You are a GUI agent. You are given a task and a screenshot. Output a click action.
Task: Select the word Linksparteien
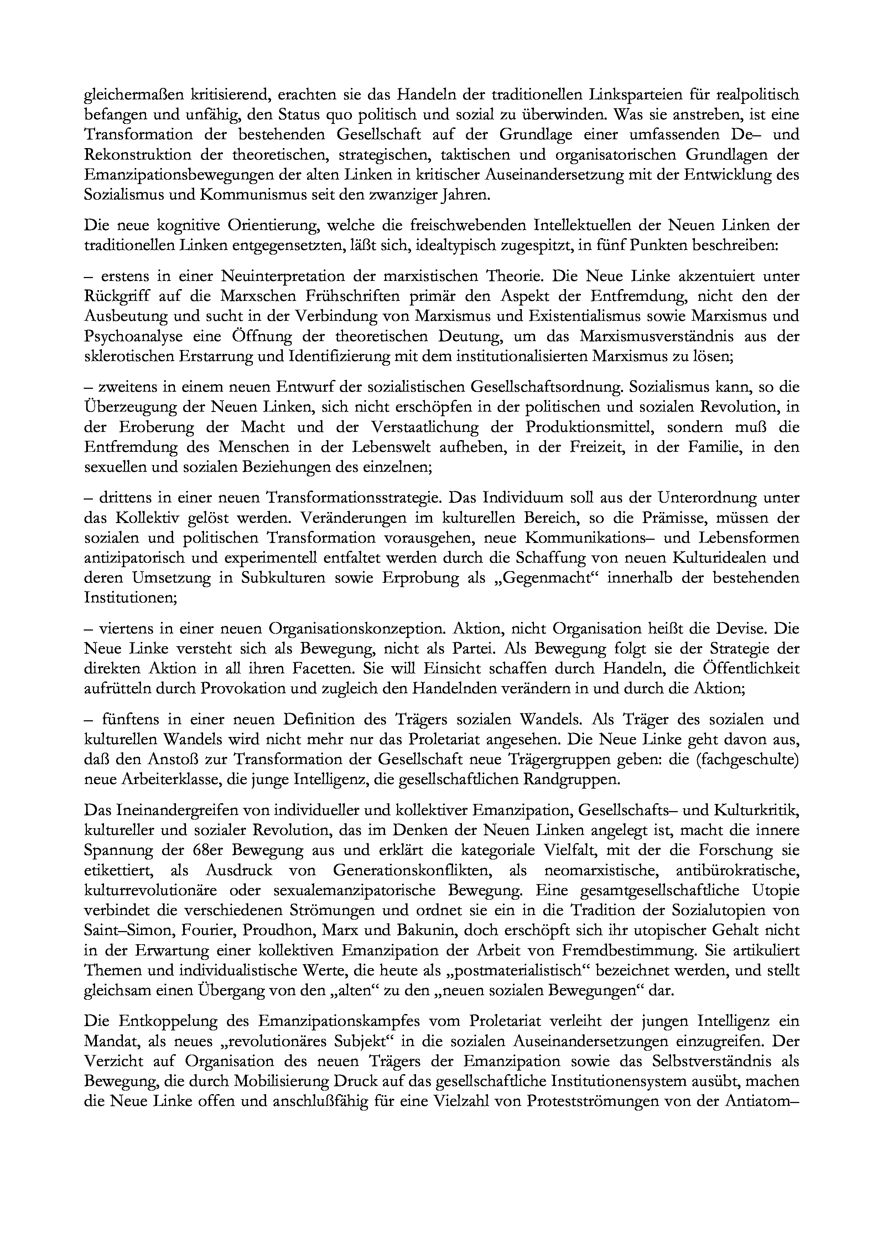click(x=638, y=95)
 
